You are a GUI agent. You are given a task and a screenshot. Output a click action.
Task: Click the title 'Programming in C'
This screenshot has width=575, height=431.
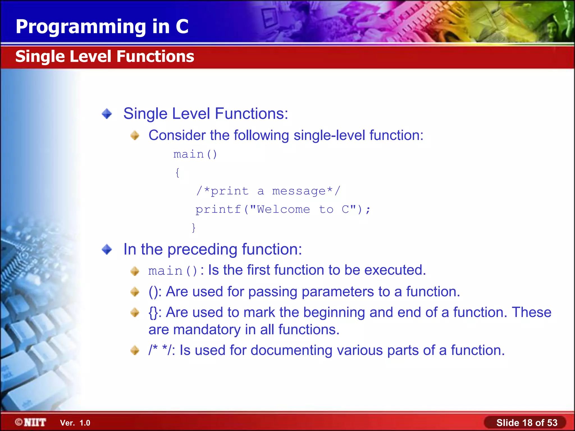[x=102, y=27]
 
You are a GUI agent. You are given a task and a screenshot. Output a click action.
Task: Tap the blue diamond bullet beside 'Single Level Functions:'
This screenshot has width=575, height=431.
[x=107, y=114]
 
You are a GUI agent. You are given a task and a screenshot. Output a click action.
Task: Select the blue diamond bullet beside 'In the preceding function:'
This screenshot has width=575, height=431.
[x=107, y=249]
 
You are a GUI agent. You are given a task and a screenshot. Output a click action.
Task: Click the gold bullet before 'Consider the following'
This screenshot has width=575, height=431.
[x=135, y=136]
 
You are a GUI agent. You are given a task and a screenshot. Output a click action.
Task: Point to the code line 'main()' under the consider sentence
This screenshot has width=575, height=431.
[x=195, y=154]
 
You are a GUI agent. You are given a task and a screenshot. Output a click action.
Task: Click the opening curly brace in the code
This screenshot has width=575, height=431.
[x=177, y=173]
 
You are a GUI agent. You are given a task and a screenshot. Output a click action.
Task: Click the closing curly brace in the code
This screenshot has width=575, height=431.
[x=193, y=227]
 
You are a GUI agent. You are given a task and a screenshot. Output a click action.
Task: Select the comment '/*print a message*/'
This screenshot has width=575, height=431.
[x=268, y=191]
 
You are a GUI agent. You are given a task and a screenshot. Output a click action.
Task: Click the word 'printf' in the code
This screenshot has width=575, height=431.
[x=218, y=210]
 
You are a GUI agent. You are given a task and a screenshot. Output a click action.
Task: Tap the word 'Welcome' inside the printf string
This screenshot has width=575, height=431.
[x=283, y=210]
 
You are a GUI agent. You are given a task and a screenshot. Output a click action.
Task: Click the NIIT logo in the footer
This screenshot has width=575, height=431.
[x=31, y=422]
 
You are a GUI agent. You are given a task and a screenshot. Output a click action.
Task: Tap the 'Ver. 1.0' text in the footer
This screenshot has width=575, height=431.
[x=75, y=423]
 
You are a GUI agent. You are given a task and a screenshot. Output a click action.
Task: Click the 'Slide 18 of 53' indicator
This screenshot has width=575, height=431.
[x=526, y=423]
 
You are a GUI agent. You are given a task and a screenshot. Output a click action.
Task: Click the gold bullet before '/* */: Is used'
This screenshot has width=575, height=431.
[x=135, y=350]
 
